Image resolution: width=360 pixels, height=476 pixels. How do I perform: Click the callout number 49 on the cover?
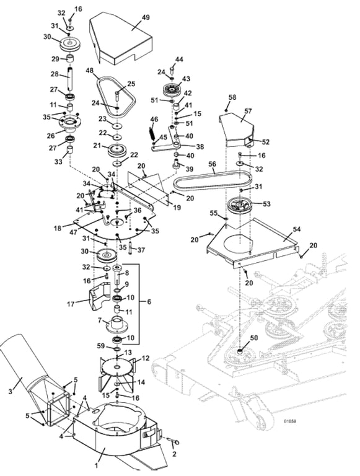(x=146, y=17)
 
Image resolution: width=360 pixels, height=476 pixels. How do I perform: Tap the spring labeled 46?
(x=152, y=134)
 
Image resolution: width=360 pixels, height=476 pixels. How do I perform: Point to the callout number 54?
(x=296, y=229)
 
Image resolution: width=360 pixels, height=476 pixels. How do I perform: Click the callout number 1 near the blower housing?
(x=97, y=465)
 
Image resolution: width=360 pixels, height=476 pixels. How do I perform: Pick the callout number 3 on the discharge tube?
(x=11, y=391)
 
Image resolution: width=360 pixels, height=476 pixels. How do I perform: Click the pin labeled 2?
(x=173, y=441)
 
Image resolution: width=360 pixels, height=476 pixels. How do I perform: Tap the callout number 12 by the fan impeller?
(x=146, y=358)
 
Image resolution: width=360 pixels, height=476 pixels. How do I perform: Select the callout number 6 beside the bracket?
(x=149, y=302)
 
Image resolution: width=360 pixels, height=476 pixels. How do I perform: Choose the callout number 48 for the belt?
(x=90, y=70)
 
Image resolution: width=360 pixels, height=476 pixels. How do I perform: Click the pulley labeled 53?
(x=240, y=206)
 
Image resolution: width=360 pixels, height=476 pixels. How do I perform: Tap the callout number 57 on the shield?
(x=248, y=111)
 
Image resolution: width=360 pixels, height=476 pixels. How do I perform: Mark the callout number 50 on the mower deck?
(x=254, y=338)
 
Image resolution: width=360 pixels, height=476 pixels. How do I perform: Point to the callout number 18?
(x=58, y=228)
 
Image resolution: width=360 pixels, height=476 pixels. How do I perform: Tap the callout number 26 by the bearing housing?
(x=51, y=135)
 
